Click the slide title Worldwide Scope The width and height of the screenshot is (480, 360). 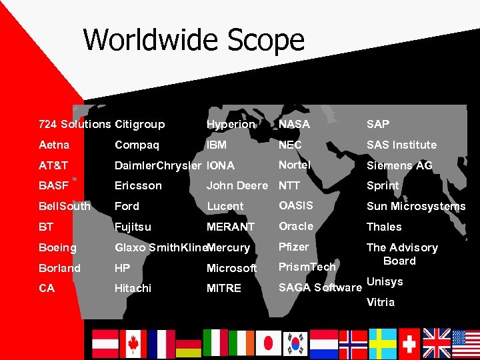[x=193, y=40]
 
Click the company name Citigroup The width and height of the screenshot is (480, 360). [x=139, y=124]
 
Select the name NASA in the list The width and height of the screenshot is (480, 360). [x=294, y=124]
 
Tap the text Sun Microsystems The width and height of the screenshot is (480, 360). [x=416, y=206]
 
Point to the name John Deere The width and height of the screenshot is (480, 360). [x=237, y=185]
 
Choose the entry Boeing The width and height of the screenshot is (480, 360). [x=57, y=247]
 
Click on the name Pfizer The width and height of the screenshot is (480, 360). [x=293, y=247]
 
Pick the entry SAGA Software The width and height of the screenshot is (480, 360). [x=319, y=287]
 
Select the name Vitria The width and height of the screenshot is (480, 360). [x=381, y=302]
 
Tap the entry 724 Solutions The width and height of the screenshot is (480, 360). [x=75, y=124]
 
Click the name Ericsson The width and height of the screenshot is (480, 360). [x=138, y=185]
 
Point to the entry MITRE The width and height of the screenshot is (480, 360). [x=224, y=288]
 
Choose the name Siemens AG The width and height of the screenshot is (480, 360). [x=399, y=165]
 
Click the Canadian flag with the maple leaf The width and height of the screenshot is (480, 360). [x=133, y=343]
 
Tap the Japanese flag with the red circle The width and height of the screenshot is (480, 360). [x=269, y=343]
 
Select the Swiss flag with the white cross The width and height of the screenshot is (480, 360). [x=409, y=343]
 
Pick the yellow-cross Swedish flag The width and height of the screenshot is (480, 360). [x=383, y=343]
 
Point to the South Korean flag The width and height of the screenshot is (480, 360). [x=295, y=343]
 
